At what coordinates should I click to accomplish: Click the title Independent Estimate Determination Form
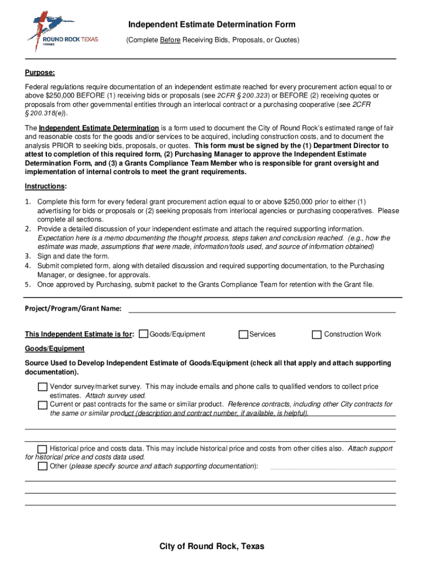click(x=212, y=25)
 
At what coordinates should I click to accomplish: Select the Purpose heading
click(x=40, y=73)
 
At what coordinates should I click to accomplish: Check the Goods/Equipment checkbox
click(x=144, y=334)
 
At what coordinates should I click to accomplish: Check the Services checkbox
click(x=243, y=334)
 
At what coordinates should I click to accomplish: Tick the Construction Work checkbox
click(x=317, y=334)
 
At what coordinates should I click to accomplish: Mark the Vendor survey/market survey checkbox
click(x=43, y=387)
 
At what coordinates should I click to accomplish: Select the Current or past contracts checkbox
click(x=43, y=405)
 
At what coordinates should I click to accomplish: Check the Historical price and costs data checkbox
click(x=43, y=449)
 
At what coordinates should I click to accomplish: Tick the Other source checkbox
click(x=43, y=467)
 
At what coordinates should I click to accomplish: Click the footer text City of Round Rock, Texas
click(x=212, y=546)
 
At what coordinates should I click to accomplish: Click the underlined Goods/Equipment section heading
click(x=55, y=349)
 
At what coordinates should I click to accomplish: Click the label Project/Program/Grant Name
click(x=73, y=308)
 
